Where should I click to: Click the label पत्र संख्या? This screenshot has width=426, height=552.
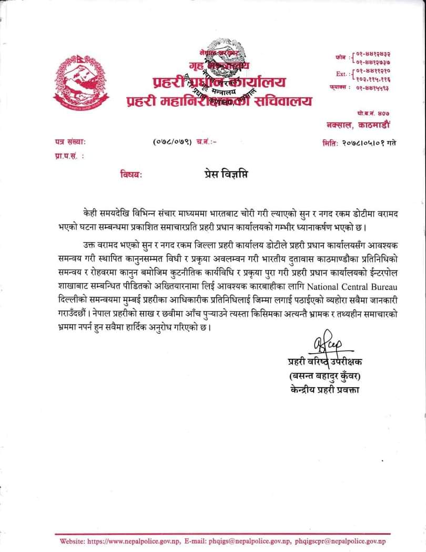pyautogui.click(x=70, y=142)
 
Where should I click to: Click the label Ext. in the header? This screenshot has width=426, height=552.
pyautogui.click(x=341, y=74)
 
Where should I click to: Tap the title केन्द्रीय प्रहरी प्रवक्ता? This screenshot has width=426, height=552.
pyautogui.click(x=324, y=390)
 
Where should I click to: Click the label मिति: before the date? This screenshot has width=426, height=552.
pyautogui.click(x=330, y=142)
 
